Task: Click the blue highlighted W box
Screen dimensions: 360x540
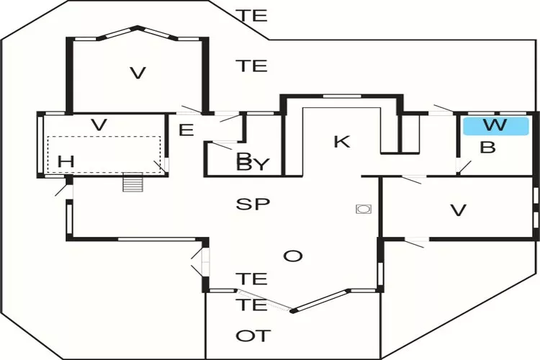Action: point(495,126)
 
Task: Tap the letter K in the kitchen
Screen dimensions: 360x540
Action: point(341,141)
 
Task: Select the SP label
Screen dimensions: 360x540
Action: point(253,204)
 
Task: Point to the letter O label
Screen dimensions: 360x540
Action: point(292,256)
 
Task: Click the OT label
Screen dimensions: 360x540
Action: point(253,336)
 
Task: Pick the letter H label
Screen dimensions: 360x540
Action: point(66,162)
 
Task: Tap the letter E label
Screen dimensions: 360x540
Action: point(186,130)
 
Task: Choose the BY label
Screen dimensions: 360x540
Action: point(253,165)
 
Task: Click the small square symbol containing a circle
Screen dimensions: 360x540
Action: point(363,209)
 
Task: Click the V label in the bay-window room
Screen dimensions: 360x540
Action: point(138,73)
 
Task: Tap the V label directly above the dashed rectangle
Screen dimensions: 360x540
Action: point(99,125)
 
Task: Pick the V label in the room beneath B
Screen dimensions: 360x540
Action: point(458,210)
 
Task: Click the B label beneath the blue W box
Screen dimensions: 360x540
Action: point(487,148)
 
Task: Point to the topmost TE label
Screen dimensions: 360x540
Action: point(252,15)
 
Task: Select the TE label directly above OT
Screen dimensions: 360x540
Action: point(252,305)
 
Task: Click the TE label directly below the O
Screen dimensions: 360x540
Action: point(252,279)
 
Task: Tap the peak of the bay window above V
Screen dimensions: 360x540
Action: point(137,28)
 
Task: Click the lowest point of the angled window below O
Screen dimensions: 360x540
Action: point(294,310)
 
